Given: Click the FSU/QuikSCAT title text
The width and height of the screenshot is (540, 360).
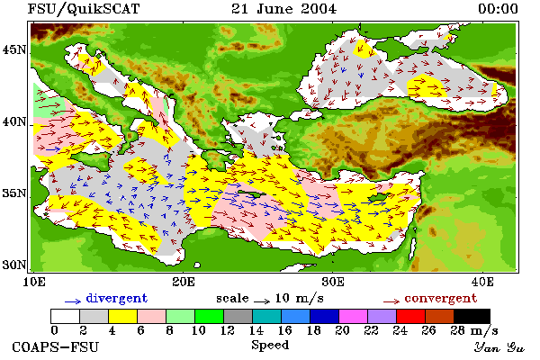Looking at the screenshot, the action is tap(84, 9).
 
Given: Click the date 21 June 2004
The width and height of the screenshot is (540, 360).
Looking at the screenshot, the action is tap(283, 9).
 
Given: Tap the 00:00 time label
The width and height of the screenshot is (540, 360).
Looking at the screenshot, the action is tap(498, 9).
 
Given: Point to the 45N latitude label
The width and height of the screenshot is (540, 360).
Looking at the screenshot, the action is tap(14, 50).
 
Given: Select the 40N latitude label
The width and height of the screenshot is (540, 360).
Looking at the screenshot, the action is tap(14, 122).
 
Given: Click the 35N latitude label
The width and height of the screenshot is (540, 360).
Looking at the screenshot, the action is tap(14, 193).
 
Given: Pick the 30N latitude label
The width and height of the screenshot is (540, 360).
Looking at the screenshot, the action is tap(14, 265).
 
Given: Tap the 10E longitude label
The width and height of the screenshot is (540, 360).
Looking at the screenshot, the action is tap(34, 282).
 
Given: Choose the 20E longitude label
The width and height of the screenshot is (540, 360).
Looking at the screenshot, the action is tap(184, 282).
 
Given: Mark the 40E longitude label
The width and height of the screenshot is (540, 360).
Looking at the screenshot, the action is tap(482, 282).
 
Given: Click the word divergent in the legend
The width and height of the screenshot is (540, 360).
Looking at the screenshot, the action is tap(117, 298).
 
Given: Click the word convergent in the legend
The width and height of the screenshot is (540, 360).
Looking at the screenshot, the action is tap(441, 298).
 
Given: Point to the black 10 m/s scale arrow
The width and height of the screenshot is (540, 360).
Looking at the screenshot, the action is tap(262, 301).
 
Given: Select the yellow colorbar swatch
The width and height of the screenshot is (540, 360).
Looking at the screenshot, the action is tap(122, 316).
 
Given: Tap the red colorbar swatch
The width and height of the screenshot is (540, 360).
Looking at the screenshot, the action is tap(410, 316).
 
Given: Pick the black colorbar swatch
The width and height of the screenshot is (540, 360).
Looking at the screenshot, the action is tap(472, 316).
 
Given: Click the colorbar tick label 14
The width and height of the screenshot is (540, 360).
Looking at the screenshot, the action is tap(256, 330).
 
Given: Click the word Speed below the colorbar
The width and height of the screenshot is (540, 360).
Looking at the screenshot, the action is tap(270, 346).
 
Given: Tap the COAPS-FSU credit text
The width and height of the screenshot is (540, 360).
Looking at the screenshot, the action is tap(56, 346).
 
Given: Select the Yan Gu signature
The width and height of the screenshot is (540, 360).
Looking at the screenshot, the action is tap(499, 347).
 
